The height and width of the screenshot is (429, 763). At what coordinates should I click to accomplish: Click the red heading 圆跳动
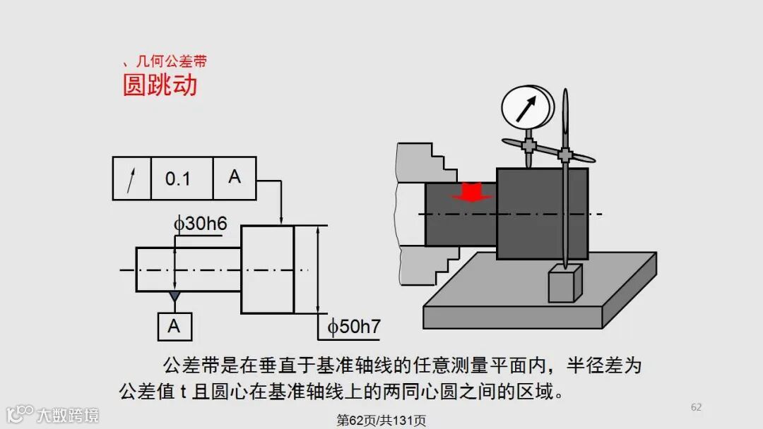(x=160, y=85)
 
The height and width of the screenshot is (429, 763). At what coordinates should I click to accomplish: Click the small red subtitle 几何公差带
(x=170, y=62)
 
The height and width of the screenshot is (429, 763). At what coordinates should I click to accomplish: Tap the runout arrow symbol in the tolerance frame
(x=131, y=179)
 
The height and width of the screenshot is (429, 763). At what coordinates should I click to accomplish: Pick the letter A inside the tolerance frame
(x=235, y=177)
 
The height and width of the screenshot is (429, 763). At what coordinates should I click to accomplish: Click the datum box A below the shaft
(x=174, y=326)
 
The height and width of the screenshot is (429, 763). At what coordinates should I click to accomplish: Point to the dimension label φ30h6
(x=201, y=224)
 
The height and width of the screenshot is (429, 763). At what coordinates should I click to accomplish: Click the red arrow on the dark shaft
(x=472, y=192)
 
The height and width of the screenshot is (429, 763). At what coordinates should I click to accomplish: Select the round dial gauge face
(x=527, y=106)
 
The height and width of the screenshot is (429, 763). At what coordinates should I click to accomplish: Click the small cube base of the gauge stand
(x=565, y=283)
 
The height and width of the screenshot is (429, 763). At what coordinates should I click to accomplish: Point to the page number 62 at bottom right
(x=696, y=407)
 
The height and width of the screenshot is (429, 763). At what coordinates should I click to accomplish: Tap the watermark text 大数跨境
(x=68, y=414)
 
